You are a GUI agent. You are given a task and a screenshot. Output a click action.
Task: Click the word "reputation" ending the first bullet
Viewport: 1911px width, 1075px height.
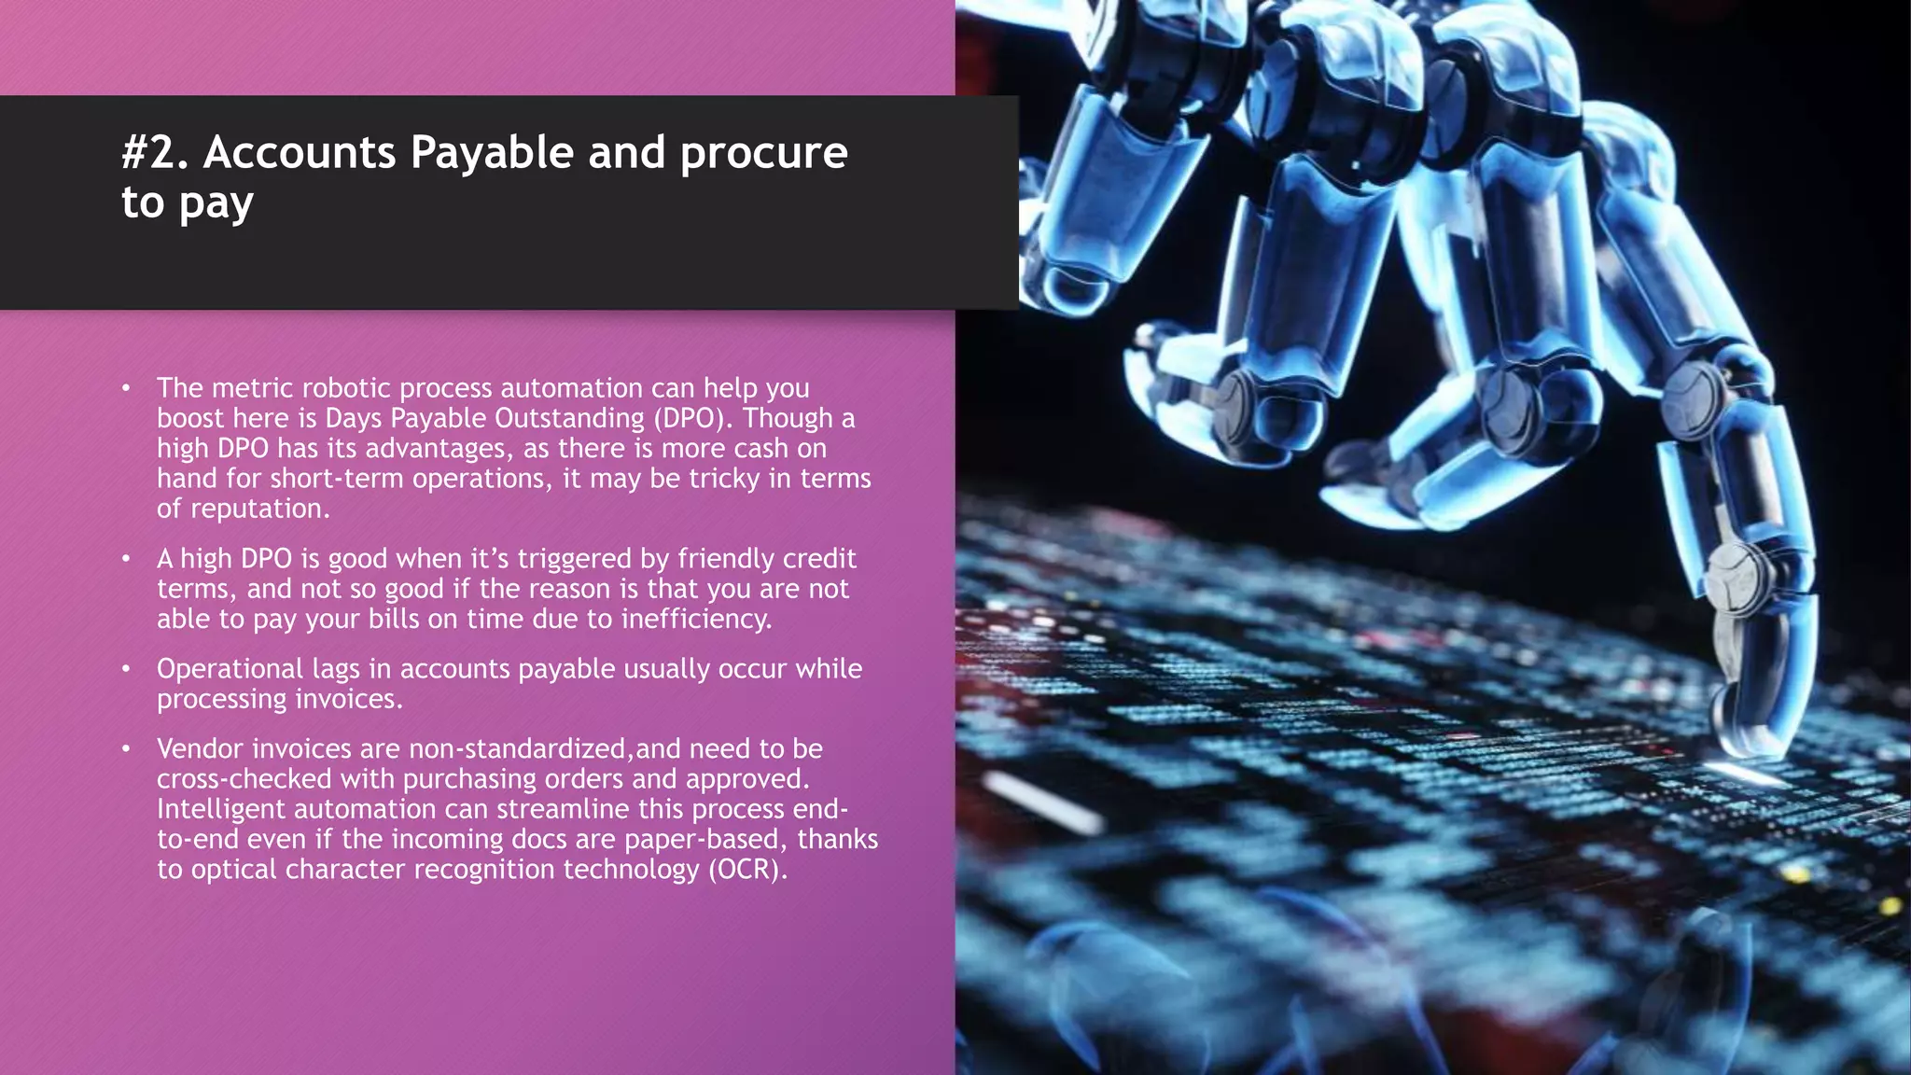coord(259,509)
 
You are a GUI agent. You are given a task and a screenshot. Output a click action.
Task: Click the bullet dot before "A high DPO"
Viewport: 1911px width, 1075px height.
coord(126,559)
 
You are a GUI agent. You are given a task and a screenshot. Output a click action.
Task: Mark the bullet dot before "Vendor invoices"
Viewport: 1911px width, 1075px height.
coord(126,749)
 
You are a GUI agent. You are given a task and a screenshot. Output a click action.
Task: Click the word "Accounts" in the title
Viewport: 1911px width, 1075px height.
coord(299,153)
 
